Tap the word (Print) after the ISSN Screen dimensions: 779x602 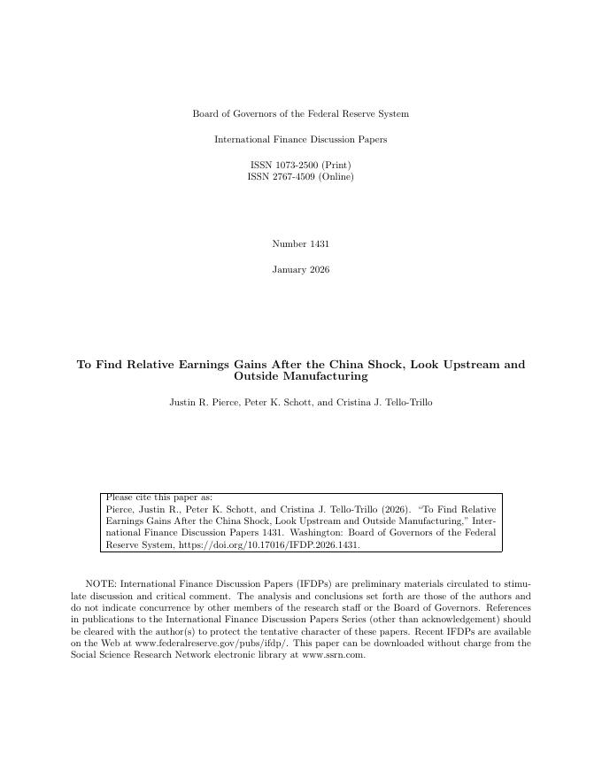click(x=336, y=165)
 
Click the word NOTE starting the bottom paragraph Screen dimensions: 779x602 click(x=100, y=584)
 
